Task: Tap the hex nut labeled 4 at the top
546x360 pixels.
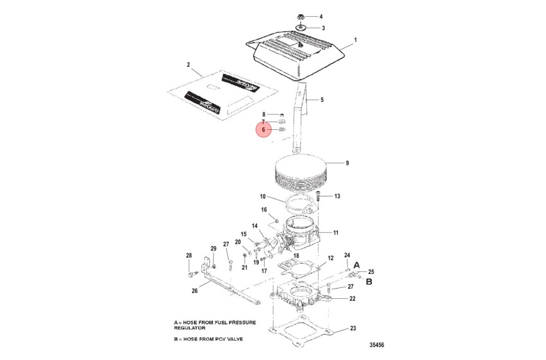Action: (301, 15)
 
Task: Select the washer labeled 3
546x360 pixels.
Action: (301, 28)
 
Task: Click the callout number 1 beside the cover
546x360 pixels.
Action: (355, 40)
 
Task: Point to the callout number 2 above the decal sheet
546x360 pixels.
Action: (188, 66)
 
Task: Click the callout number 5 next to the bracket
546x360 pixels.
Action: (322, 100)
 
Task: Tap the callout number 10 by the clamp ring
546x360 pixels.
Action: (263, 197)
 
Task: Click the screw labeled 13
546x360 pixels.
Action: (318, 195)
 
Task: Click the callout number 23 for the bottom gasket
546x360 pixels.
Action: (353, 328)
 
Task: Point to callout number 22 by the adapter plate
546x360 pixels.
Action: (352, 298)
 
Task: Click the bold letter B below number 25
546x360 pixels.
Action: (369, 281)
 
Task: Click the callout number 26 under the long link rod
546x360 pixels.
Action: (194, 291)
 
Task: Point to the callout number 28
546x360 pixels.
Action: (189, 255)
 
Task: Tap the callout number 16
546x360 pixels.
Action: (263, 210)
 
